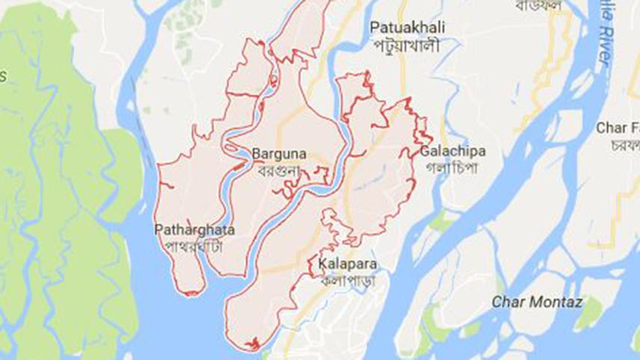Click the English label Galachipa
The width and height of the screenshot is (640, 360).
point(453,152)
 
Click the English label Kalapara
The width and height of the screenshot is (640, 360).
point(346,264)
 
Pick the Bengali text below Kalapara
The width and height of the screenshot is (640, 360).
point(346,281)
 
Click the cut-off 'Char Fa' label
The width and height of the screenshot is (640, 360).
point(617,128)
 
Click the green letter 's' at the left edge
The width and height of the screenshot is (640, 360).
point(3,75)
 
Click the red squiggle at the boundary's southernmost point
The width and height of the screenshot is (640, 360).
point(250,344)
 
